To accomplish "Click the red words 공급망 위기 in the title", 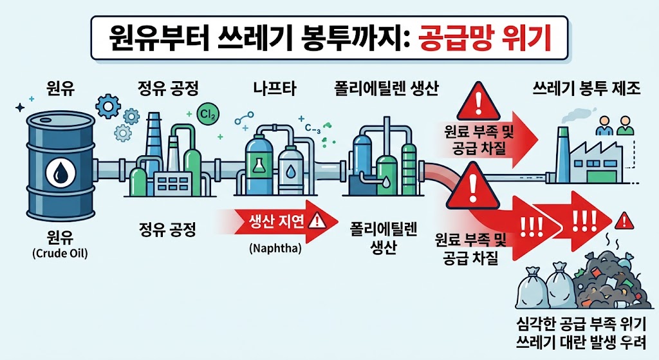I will (485, 38).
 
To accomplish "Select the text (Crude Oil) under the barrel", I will (59, 253).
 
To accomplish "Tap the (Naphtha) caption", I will (275, 247).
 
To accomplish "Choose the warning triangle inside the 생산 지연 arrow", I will (318, 221).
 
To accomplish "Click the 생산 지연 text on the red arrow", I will (276, 221).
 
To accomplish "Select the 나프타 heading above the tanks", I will (275, 89).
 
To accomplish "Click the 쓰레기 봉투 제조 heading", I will (587, 89).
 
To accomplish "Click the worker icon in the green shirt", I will (625, 126).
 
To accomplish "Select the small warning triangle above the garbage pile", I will (622, 223).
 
